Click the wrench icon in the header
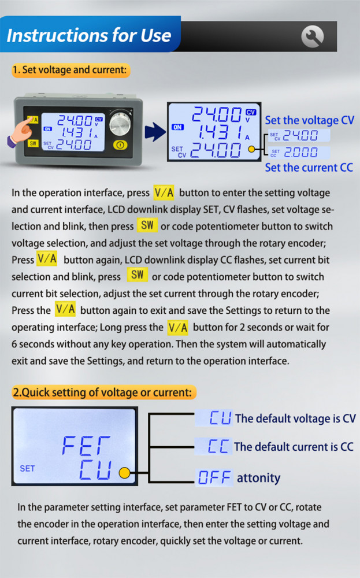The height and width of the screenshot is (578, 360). coord(312,36)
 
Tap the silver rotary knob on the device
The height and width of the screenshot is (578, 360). coord(120,123)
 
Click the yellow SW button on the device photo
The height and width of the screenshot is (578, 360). coord(33,143)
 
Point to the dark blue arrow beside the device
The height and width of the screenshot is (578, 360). coord(155,132)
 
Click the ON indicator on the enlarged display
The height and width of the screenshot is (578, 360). coord(177,127)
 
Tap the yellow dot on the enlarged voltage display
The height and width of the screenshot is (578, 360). coord(252,149)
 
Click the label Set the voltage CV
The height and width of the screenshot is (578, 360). coord(310,120)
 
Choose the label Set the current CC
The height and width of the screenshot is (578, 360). coord(309,168)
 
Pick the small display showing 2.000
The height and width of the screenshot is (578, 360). coord(299,152)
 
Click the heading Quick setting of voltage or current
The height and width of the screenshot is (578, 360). coord(103,392)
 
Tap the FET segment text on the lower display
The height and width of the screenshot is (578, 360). coord(86,445)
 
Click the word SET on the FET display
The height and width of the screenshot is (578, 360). coord(27,469)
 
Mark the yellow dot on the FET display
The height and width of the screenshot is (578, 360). coord(125,473)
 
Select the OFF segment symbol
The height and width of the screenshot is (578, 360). coord(214,478)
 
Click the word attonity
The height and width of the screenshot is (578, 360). coord(258,478)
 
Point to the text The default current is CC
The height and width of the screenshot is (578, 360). coord(294,447)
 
